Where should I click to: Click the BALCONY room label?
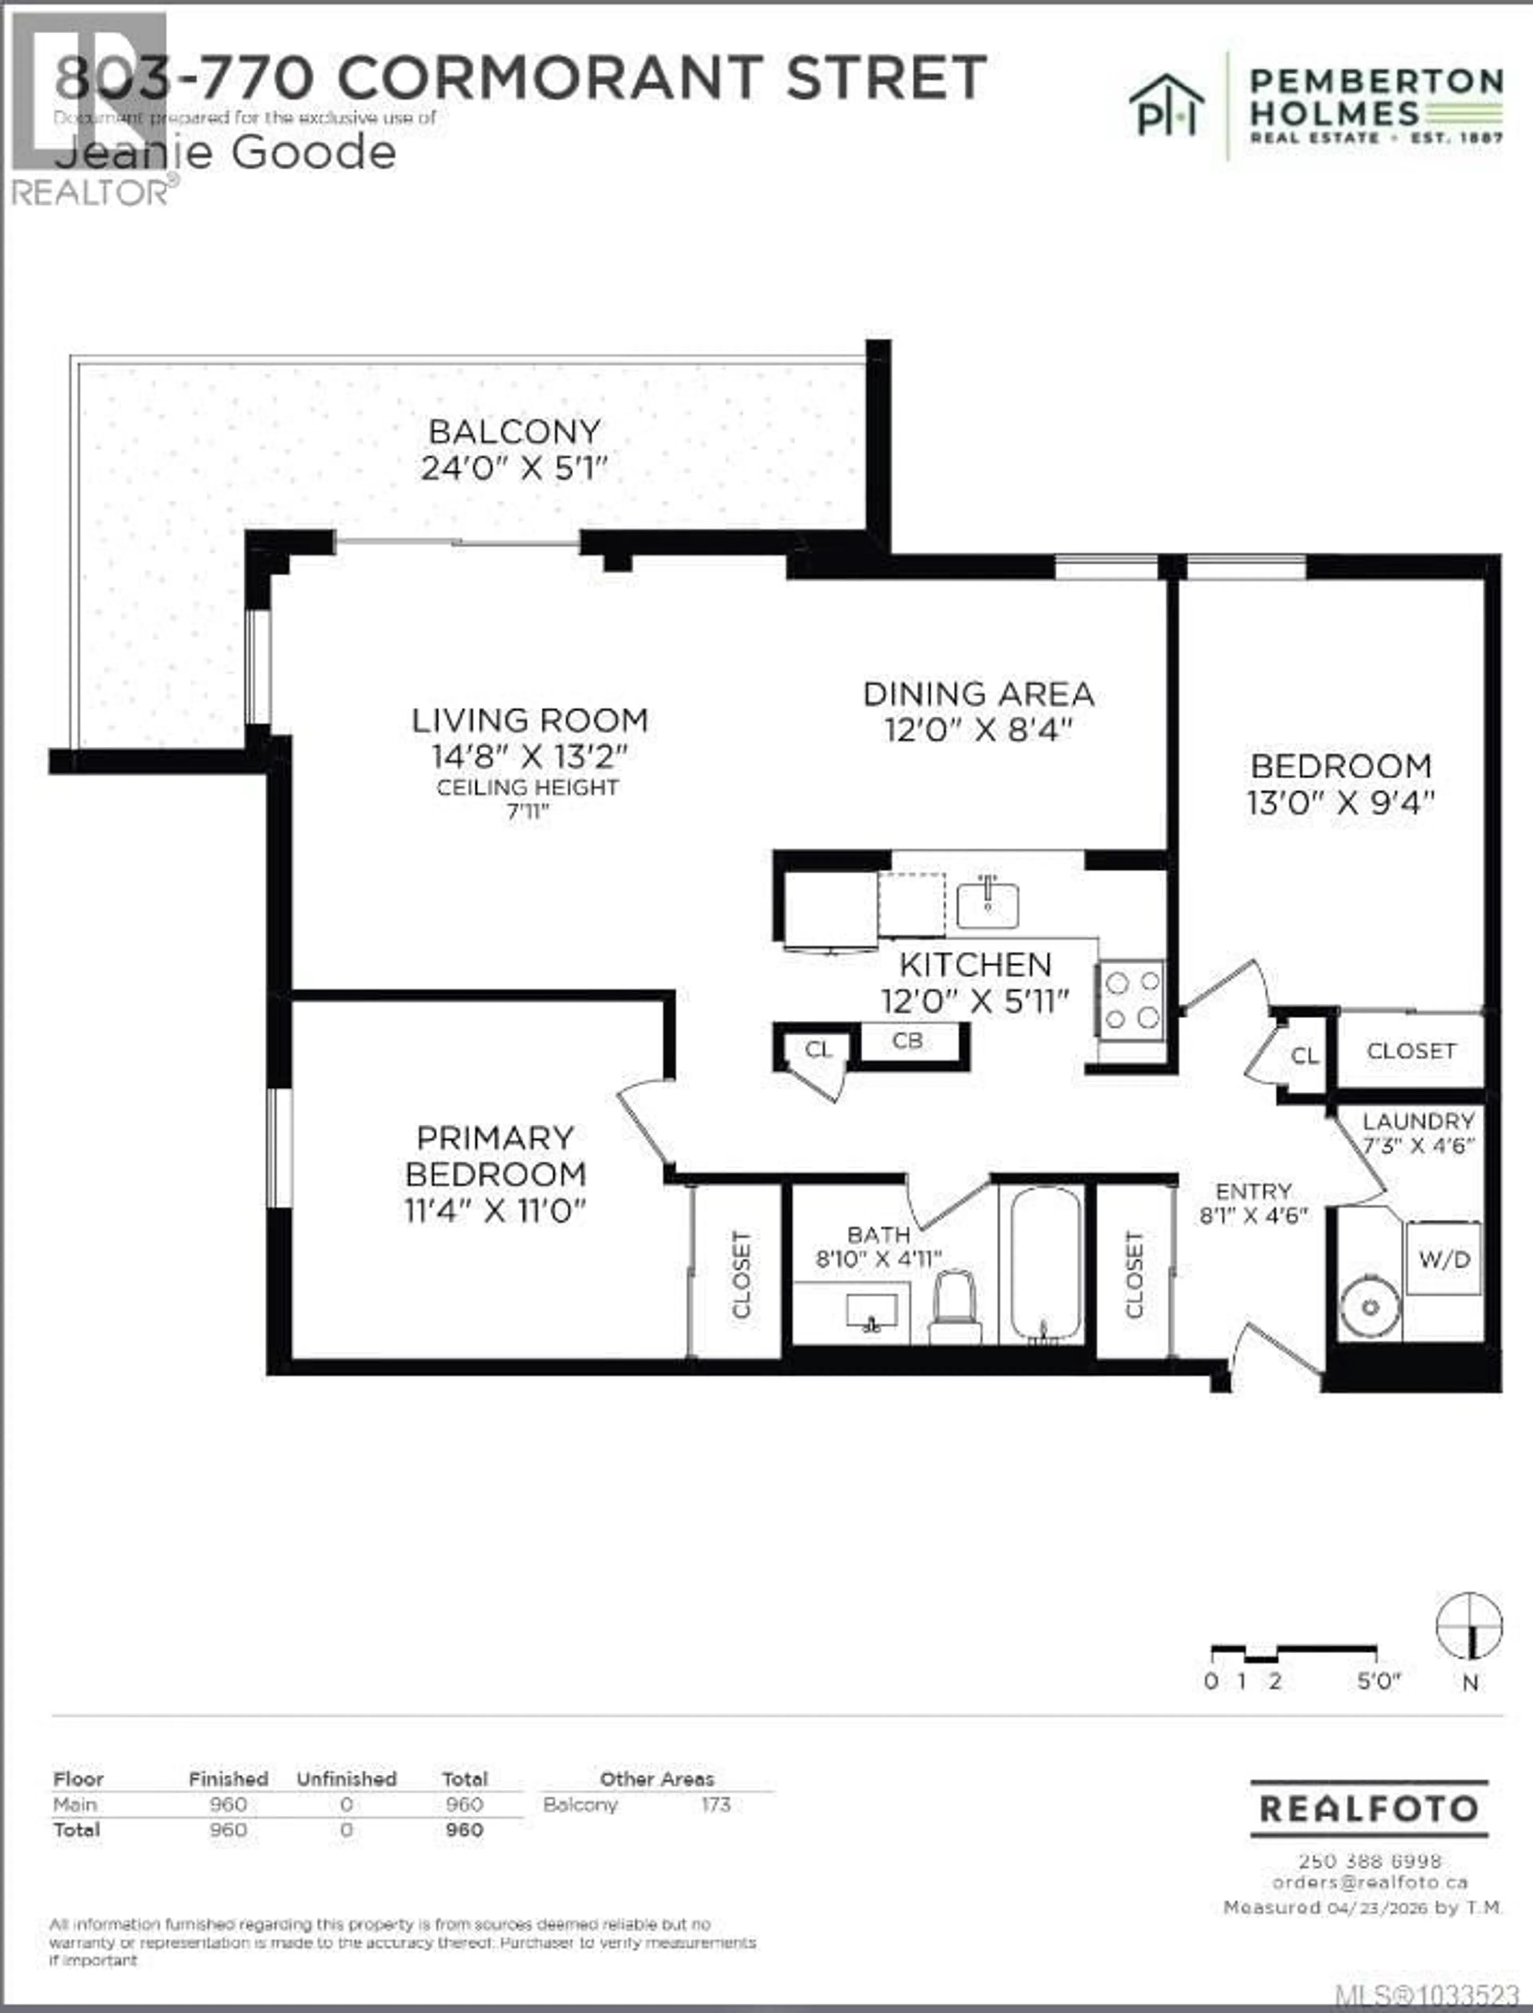(515, 432)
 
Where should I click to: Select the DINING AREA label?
(978, 694)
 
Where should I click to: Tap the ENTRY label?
(1253, 1191)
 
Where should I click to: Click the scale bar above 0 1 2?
(1292, 1652)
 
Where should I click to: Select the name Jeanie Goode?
(226, 153)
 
